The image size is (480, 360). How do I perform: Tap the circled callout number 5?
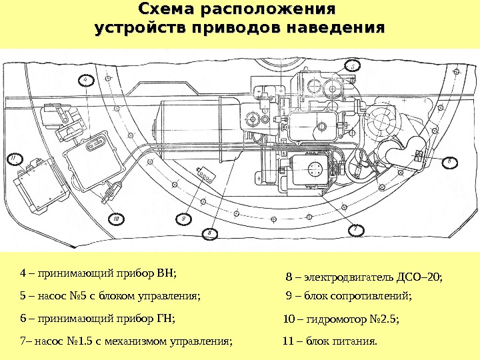click(x=352, y=65)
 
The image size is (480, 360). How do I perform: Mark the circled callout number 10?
click(x=115, y=219)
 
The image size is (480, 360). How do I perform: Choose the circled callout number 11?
click(x=11, y=159)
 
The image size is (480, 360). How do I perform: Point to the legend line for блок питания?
click(x=329, y=342)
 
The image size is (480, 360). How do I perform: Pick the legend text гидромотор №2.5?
click(x=341, y=320)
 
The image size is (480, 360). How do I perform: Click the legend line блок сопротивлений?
click(x=347, y=296)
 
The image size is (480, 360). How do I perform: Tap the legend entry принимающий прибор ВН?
click(x=100, y=273)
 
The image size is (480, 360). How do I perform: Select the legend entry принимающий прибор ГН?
click(x=97, y=319)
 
